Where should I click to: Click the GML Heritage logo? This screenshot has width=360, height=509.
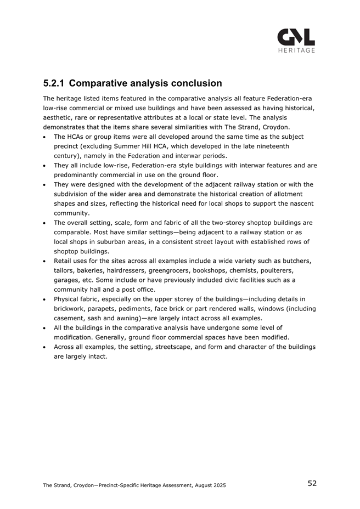coord(296,38)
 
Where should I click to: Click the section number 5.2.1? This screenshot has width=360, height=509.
coord(54,84)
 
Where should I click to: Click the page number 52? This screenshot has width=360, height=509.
coord(312,483)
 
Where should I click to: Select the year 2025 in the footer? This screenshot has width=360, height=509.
coord(217,485)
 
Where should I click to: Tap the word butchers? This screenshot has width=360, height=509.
coord(296,261)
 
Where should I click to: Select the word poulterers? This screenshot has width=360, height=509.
coord(295,270)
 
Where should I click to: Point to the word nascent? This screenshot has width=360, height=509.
coord(301,203)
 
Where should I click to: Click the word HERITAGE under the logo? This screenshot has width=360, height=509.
coord(296,50)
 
